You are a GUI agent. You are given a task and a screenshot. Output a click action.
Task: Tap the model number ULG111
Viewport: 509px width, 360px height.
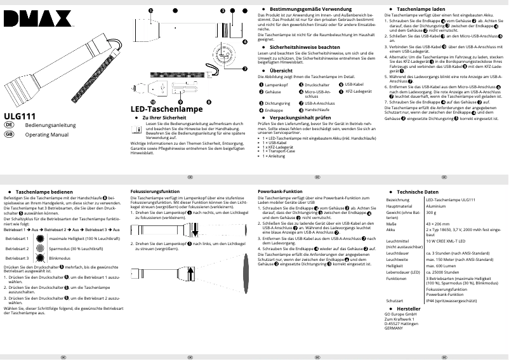coord(19,116)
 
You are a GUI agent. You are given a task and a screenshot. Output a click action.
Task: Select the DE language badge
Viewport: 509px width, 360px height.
coord(10,126)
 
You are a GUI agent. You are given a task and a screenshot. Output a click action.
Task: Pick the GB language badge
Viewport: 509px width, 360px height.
coord(10,135)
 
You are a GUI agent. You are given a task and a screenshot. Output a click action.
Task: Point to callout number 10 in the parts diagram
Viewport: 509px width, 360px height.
coord(152,102)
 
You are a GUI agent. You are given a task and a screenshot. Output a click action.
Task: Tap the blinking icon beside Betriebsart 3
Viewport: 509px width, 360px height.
coord(41,259)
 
